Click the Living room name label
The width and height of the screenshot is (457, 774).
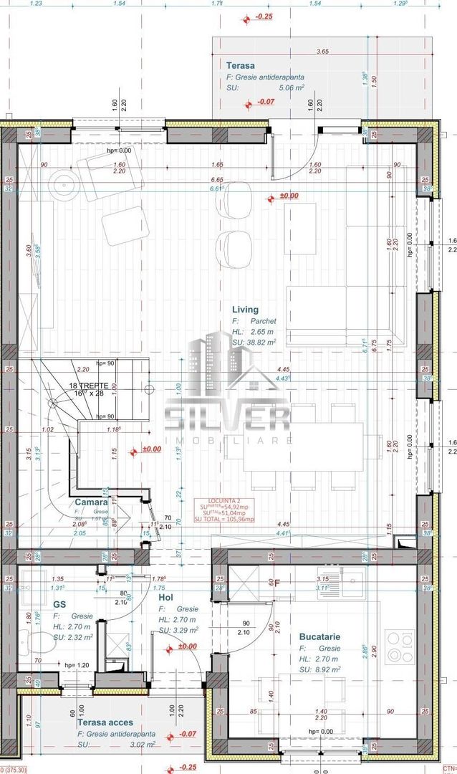coord(245,310)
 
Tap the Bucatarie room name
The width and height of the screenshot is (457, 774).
coord(319,636)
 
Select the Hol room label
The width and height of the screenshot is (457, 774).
coord(167,596)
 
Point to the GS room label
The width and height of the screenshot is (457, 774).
coord(59,604)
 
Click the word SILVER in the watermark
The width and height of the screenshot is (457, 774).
coord(227,419)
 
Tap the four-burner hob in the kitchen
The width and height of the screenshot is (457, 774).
coord(399,648)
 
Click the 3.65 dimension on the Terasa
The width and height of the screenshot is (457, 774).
coord(322,52)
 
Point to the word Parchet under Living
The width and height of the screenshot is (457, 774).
coord(263,321)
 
